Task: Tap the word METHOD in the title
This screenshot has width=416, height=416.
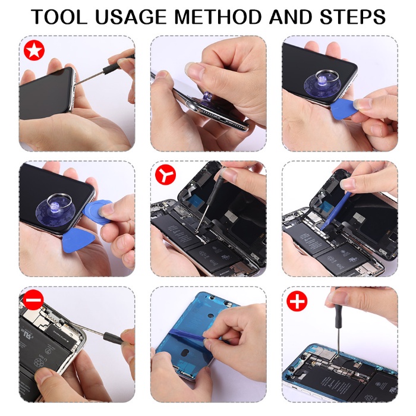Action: click(x=226, y=17)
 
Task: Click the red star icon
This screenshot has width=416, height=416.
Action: click(x=33, y=51)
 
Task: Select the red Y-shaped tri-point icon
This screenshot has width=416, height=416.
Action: click(x=164, y=176)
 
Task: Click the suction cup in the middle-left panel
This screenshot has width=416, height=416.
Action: click(x=56, y=205)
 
